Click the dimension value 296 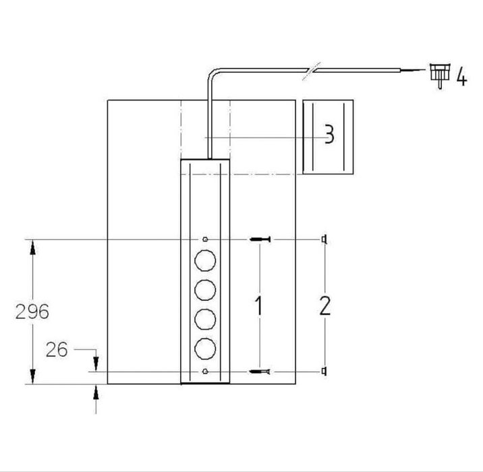pos(32,312)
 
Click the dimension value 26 pos(57,349)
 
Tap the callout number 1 pos(259,305)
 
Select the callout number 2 pos(325,305)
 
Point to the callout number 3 pos(330,134)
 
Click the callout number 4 pos(461,77)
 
